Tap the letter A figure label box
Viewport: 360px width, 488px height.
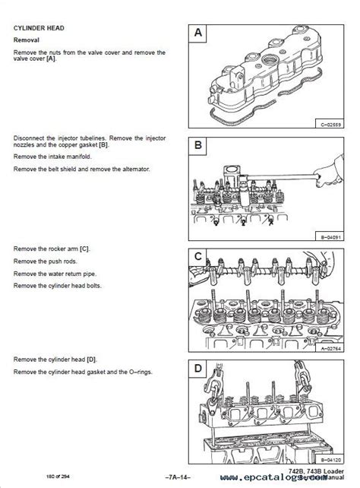tap(197, 33)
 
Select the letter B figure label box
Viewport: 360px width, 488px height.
tap(197, 145)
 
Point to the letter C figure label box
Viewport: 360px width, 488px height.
tap(197, 258)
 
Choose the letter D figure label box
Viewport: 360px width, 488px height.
tap(197, 370)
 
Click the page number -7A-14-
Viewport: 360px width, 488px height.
tap(180, 477)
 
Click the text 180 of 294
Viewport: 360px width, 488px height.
tap(29, 477)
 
